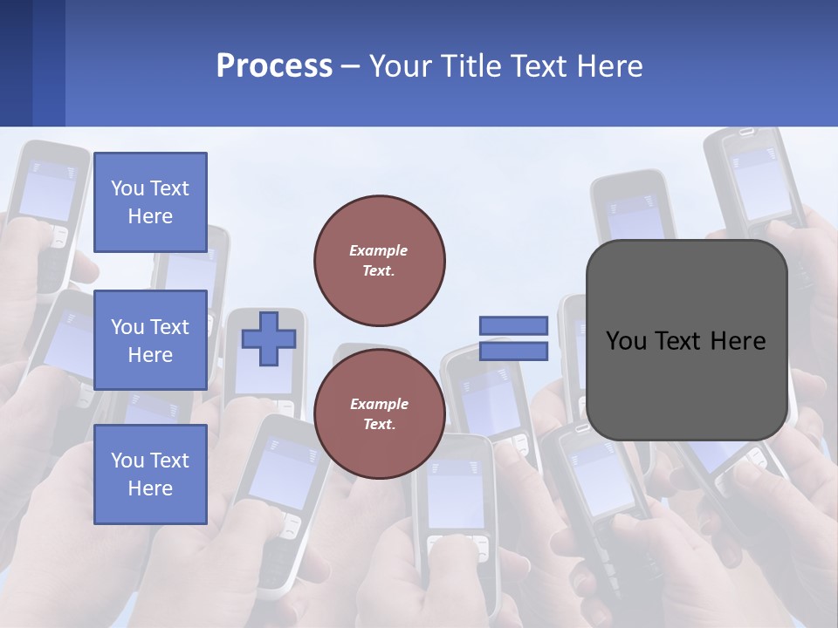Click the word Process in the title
pos(274,66)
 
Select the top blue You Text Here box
pos(150,202)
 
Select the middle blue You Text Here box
pos(150,340)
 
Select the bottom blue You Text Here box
pos(150,474)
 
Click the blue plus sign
pos(268,339)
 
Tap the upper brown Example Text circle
pos(379,260)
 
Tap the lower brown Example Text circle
pos(379,413)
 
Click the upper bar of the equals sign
pos(513,326)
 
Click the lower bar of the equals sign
pos(513,352)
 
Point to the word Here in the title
pos(611,66)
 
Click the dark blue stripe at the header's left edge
pos(16,63)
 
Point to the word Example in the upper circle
pos(379,250)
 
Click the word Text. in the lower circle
pos(379,424)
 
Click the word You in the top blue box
pos(127,188)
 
